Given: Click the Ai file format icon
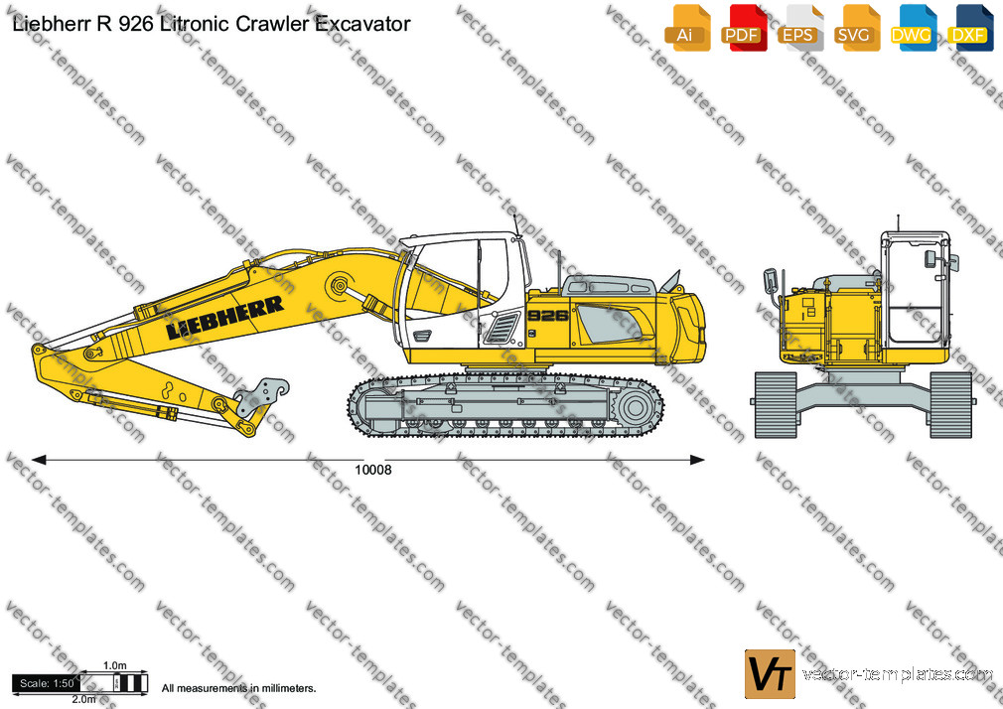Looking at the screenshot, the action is (687, 28).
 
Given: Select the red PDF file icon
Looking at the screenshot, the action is (744, 28).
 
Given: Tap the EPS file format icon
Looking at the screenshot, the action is (800, 28).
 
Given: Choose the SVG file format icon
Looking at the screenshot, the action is (856, 28).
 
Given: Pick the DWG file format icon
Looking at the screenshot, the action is (913, 28).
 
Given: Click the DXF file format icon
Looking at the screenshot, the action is (970, 28).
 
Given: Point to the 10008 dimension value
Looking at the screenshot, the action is (373, 471).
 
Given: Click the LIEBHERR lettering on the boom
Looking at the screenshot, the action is (224, 318).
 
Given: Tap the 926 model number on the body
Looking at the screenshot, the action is (548, 316).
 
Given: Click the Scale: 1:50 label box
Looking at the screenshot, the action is (47, 683).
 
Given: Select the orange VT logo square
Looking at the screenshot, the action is (770, 674).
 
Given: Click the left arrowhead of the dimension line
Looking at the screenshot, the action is (39, 460).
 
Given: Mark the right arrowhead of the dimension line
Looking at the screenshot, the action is (697, 460).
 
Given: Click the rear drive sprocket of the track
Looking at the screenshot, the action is (635, 407).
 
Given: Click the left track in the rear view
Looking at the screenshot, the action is (776, 405).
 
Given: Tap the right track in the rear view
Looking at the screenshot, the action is (950, 405).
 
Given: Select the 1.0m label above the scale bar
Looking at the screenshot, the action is (115, 665).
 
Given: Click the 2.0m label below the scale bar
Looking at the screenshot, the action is (83, 699).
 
